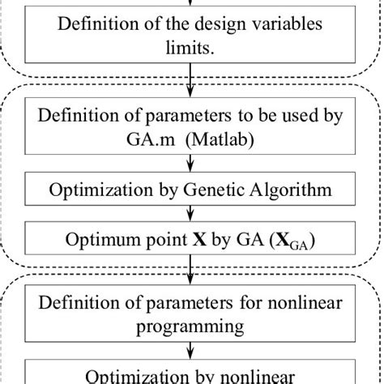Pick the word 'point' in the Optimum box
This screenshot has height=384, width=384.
pyautogui.click(x=164, y=241)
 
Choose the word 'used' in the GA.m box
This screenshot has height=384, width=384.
pyautogui.click(x=280, y=115)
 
